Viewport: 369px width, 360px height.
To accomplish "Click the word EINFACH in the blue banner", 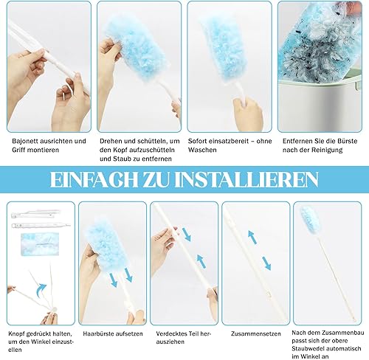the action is click(94, 180).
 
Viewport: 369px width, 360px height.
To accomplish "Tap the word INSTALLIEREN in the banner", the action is click(246, 180).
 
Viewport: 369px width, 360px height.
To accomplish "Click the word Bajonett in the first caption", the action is click(24, 142).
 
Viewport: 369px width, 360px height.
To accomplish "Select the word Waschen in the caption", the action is click(202, 150).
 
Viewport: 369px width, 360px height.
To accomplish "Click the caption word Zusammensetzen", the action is click(256, 334).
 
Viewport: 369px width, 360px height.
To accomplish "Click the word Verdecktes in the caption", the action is click(170, 333).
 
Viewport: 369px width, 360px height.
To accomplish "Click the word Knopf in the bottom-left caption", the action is click(16, 334).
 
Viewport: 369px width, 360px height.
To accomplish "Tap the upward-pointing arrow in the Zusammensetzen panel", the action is click(252, 237).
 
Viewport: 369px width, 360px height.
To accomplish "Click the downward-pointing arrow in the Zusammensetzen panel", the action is click(266, 263).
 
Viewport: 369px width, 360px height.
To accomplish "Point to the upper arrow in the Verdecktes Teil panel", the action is click(187, 235).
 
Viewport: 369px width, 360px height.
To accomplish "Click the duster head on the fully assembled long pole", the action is click(308, 217).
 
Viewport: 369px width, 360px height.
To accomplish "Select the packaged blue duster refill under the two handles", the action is click(40, 244).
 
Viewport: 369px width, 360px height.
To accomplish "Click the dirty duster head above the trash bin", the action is click(320, 42).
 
